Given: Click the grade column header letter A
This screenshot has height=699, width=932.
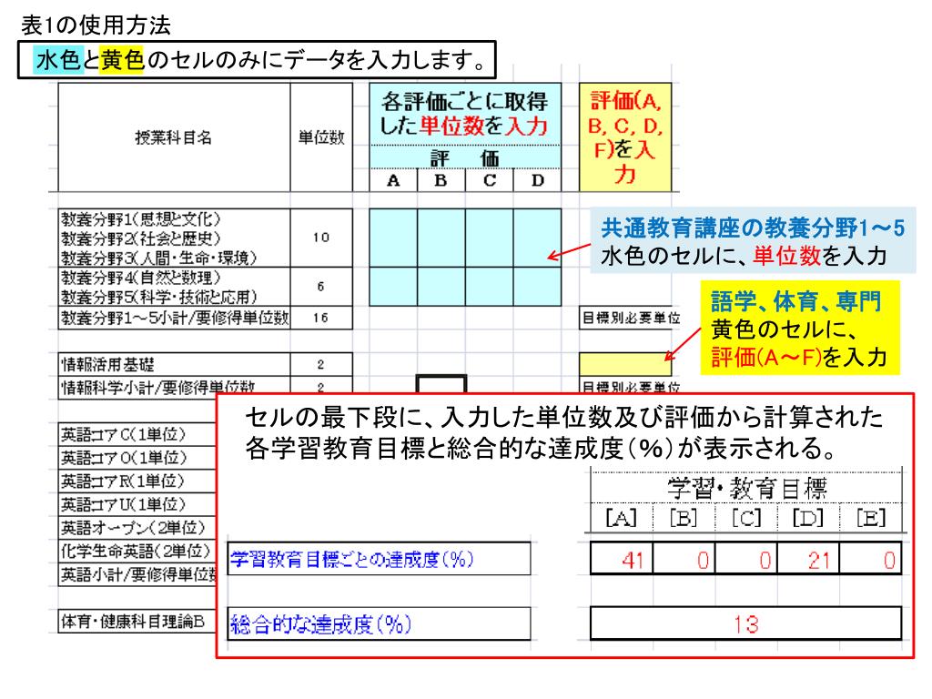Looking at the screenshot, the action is coord(394,180).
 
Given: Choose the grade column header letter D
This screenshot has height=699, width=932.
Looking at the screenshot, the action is coord(537,180).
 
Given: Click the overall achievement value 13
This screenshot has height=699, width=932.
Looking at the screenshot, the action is coord(746,624).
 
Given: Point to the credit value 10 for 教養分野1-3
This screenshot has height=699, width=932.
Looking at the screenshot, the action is coord(321,238).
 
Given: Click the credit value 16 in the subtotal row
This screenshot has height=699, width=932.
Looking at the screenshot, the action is coord(321,318).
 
